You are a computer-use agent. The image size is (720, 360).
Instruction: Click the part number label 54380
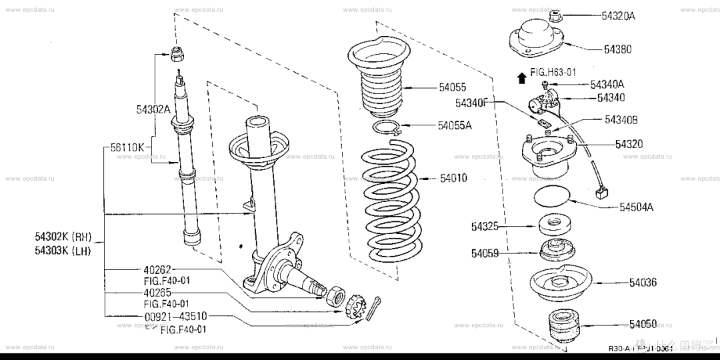click(618, 49)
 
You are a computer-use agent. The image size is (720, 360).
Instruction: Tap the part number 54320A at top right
click(618, 16)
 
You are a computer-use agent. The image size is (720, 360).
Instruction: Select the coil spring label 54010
click(453, 178)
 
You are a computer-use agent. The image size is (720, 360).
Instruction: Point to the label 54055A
click(454, 125)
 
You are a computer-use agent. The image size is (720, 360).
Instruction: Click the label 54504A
click(636, 207)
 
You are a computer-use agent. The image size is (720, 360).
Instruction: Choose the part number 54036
click(643, 283)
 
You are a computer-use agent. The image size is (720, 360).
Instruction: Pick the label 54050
click(643, 325)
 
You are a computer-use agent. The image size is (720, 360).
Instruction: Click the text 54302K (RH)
click(63, 237)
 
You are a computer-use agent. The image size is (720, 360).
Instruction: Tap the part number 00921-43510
click(175, 316)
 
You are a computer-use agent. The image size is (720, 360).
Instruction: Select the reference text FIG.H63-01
click(553, 71)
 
